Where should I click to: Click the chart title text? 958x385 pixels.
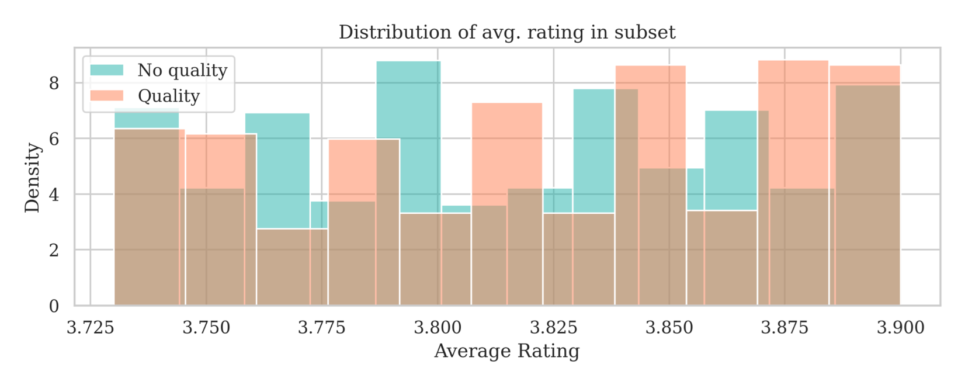tap(506, 32)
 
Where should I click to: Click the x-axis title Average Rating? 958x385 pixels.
tap(506, 352)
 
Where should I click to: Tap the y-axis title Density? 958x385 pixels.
tap(33, 178)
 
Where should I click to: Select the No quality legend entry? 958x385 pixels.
tap(182, 71)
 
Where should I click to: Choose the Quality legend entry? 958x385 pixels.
tap(168, 96)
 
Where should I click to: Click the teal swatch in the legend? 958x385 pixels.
tap(107, 71)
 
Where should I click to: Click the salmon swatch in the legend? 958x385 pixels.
tap(107, 96)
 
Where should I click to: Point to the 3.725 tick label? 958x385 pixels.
tap(91, 328)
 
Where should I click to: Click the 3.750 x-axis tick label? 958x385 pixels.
tap(206, 328)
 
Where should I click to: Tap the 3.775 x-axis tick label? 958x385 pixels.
tap(321, 328)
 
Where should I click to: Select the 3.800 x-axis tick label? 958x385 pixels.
tap(437, 328)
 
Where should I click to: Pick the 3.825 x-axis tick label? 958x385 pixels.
tap(553, 328)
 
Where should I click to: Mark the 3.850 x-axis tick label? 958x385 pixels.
tap(669, 328)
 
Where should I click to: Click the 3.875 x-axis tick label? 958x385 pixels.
tap(785, 328)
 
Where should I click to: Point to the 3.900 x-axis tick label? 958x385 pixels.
tap(900, 328)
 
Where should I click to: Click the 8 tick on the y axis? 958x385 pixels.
tap(54, 84)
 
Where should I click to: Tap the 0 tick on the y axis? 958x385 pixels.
tap(54, 306)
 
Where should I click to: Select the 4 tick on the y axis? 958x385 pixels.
tap(54, 195)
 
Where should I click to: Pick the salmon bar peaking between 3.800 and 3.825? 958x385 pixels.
tap(506, 152)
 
